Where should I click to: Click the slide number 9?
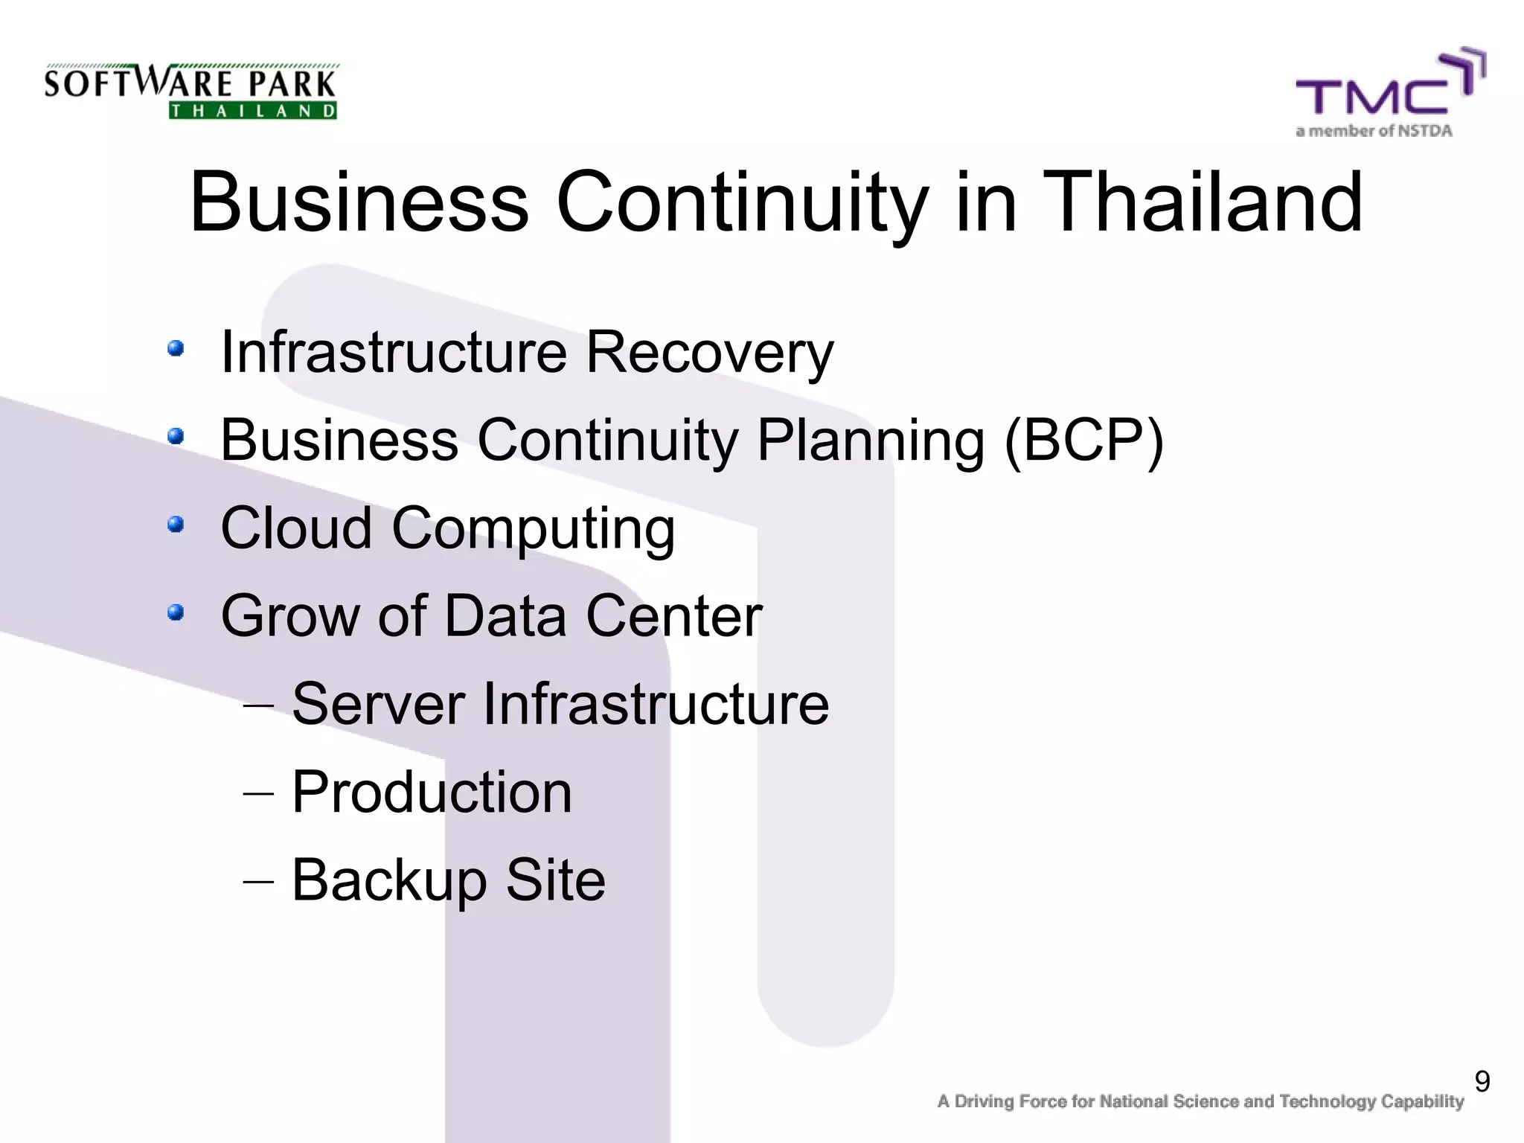[1482, 1081]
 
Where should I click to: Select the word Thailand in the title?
[1203, 202]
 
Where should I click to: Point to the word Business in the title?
[359, 202]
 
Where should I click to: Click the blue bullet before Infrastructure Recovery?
[176, 348]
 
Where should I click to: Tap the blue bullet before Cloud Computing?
[176, 525]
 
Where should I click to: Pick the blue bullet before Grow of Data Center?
[176, 612]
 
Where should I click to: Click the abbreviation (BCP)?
[1083, 441]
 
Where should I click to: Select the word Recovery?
[709, 353]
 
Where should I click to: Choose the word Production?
[432, 792]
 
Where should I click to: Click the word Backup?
[389, 881]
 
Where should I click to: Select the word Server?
[378, 704]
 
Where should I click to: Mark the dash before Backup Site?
[258, 881]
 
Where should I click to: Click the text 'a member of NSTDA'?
[1374, 132]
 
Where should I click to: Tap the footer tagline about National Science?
[1200, 1101]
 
